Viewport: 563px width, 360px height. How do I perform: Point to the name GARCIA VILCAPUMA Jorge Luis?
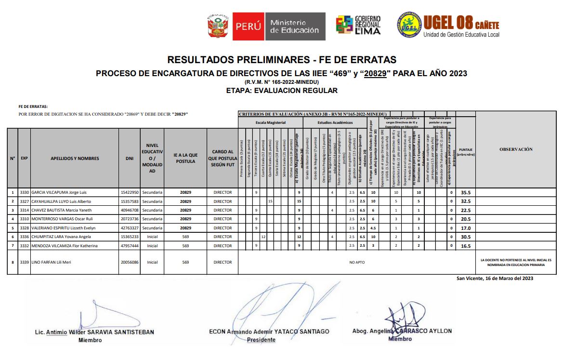(59, 192)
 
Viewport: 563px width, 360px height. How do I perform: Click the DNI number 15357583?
(129, 201)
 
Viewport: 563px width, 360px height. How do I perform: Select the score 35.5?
(465, 192)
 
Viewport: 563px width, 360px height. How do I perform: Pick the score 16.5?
(465, 246)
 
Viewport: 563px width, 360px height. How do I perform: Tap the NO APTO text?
(356, 262)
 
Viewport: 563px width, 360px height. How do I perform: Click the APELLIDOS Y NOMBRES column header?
(75, 158)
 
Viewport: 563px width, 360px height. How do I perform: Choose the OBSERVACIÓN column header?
(515, 149)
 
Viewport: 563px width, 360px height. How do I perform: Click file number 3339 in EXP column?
(24, 262)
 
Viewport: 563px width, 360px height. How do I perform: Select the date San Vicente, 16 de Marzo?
(495, 279)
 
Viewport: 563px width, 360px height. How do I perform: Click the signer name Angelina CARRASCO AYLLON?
(402, 331)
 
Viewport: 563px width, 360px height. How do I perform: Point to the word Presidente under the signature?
(261, 340)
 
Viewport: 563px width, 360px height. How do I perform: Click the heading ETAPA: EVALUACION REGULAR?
(281, 91)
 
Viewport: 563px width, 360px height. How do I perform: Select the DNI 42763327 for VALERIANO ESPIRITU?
(129, 228)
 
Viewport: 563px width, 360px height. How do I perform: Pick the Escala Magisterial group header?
(270, 122)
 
